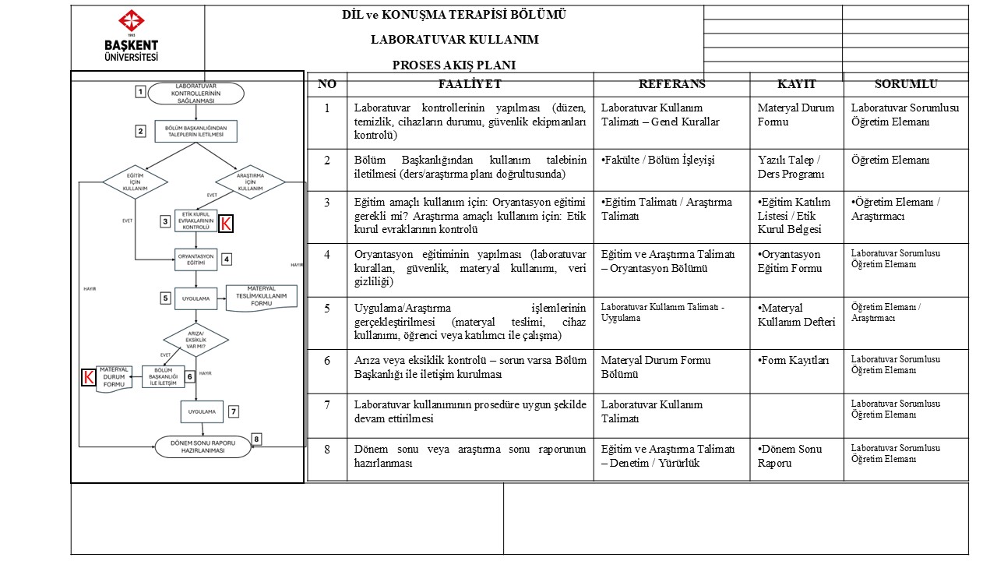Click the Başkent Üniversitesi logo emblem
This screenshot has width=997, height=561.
click(130, 23)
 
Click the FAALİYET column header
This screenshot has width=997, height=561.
click(470, 84)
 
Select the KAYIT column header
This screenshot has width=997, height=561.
click(796, 84)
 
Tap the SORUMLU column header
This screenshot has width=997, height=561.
click(906, 84)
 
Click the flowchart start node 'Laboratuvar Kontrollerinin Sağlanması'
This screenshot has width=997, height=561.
click(196, 93)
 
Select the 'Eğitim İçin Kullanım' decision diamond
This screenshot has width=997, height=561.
click(136, 182)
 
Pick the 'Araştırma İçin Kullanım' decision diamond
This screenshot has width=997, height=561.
click(250, 182)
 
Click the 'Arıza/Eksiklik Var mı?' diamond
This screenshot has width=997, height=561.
click(196, 340)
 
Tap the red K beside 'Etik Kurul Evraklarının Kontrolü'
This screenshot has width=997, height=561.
click(225, 224)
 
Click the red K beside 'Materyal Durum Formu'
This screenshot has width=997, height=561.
click(88, 378)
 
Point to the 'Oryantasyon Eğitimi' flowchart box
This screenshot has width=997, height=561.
click(196, 259)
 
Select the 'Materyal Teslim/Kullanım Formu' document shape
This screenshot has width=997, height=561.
click(262, 298)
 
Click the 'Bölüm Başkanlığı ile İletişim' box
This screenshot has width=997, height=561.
click(163, 377)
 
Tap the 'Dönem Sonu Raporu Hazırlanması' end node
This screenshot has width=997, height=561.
click(203, 446)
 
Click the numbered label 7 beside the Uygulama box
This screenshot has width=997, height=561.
click(233, 411)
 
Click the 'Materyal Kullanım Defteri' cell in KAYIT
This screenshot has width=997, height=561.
click(796, 315)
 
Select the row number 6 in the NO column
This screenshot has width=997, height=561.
click(327, 360)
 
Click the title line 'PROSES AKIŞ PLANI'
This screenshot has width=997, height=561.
click(454, 65)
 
